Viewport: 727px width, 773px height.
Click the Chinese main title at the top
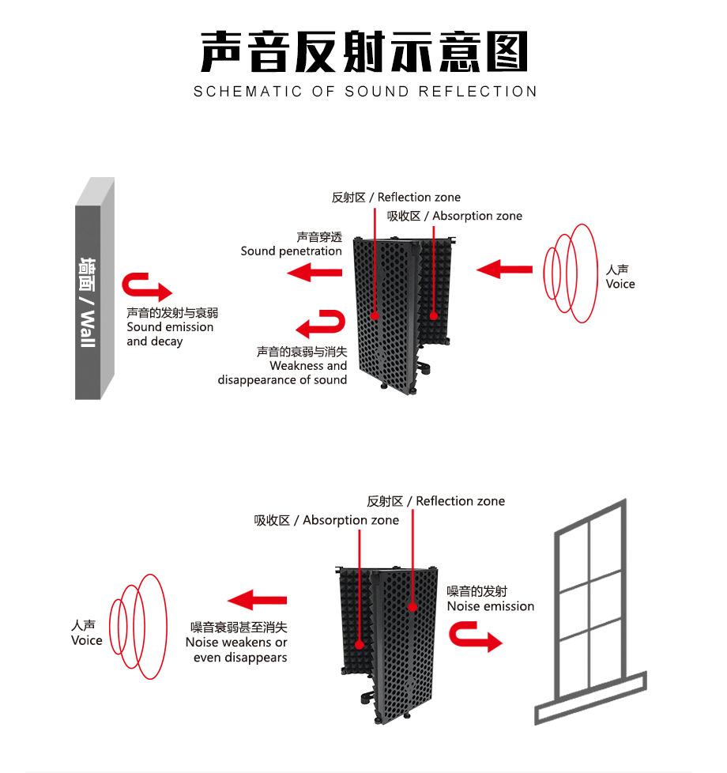363,52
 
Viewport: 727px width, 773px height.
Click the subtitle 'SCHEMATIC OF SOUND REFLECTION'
365,92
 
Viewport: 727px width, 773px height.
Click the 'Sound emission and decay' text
170,327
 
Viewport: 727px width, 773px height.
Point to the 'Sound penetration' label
292,244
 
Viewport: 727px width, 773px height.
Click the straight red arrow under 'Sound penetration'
314,273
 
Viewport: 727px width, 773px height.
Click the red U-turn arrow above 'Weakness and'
321,323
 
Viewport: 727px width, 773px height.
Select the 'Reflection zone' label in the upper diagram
396,198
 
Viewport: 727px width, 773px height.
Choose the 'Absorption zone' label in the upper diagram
454,216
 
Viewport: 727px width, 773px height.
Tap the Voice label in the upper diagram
620,277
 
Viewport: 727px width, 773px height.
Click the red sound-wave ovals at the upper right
569,273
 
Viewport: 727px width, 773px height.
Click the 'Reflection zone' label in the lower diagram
435,501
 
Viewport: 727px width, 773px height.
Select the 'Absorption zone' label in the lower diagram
326,520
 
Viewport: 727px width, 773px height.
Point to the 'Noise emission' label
490,599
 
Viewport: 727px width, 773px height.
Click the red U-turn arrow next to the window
477,635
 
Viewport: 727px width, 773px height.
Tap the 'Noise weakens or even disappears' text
237,642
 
